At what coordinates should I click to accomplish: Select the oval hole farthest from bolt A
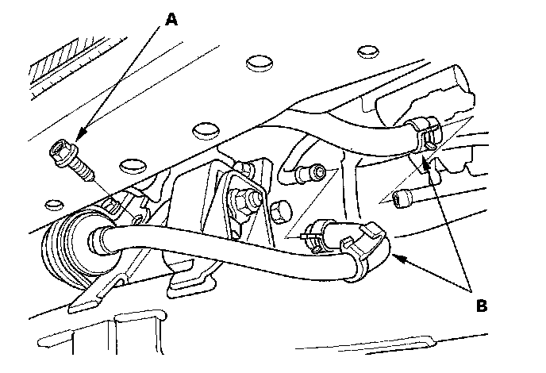pos(366,51)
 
